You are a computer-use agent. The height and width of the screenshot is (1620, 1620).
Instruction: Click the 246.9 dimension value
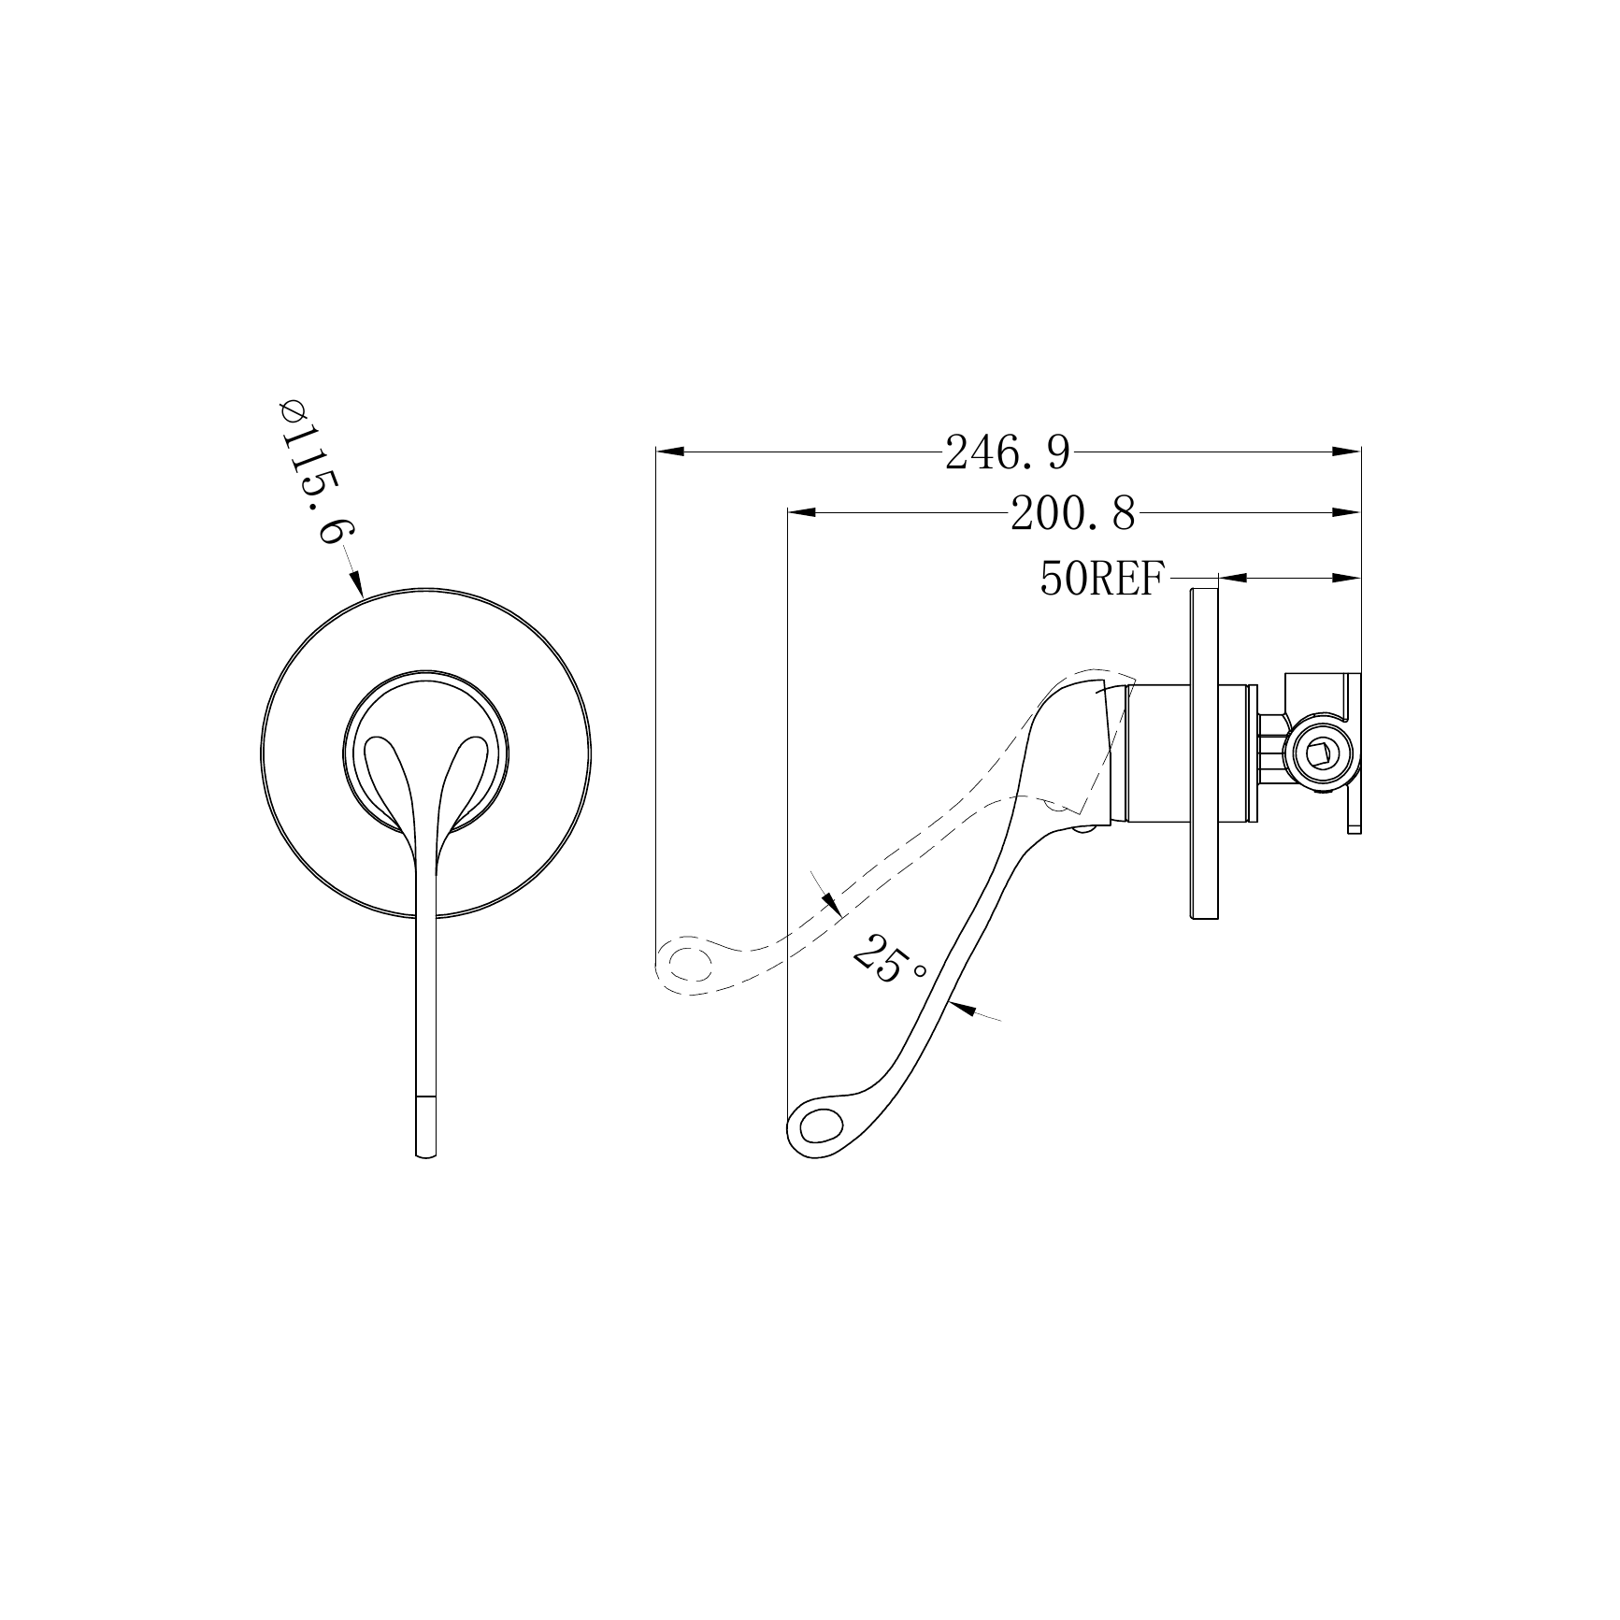[1007, 453]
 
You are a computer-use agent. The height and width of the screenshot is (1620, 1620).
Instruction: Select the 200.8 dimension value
[1073, 514]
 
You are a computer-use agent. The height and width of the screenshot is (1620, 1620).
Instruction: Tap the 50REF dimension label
[1102, 580]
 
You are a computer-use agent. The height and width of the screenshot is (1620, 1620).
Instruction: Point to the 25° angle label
[888, 959]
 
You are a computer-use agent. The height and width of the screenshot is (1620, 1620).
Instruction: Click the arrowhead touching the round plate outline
[355, 583]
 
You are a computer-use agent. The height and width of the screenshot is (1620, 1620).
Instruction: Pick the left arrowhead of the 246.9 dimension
[671, 452]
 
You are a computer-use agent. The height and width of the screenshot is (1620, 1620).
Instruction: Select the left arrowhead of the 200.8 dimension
[802, 512]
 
